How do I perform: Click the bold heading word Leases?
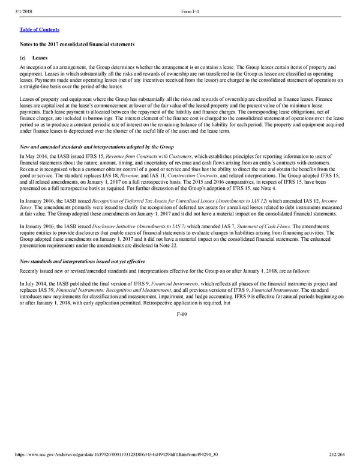point(40,58)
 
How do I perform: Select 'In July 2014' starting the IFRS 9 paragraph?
point(34,283)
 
